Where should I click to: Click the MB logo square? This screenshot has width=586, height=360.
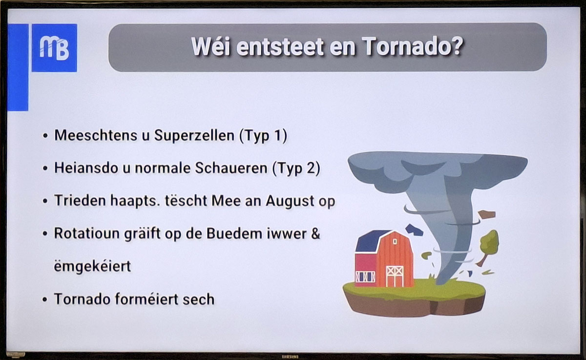point(54,48)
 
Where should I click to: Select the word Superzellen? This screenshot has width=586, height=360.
point(194,135)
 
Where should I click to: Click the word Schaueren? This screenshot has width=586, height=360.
point(231,168)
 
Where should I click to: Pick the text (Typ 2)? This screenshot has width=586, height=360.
point(296,169)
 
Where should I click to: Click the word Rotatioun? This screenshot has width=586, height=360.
point(87,233)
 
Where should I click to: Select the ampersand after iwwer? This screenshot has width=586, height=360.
point(315,233)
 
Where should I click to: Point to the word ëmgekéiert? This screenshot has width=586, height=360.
point(92,267)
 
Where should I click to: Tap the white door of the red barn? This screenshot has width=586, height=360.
point(395,276)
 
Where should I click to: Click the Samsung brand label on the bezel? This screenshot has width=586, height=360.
point(290,357)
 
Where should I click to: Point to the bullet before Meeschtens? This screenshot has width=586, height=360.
point(45,136)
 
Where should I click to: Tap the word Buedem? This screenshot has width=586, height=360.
point(234,233)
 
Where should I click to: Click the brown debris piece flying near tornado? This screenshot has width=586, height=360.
point(487,214)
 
